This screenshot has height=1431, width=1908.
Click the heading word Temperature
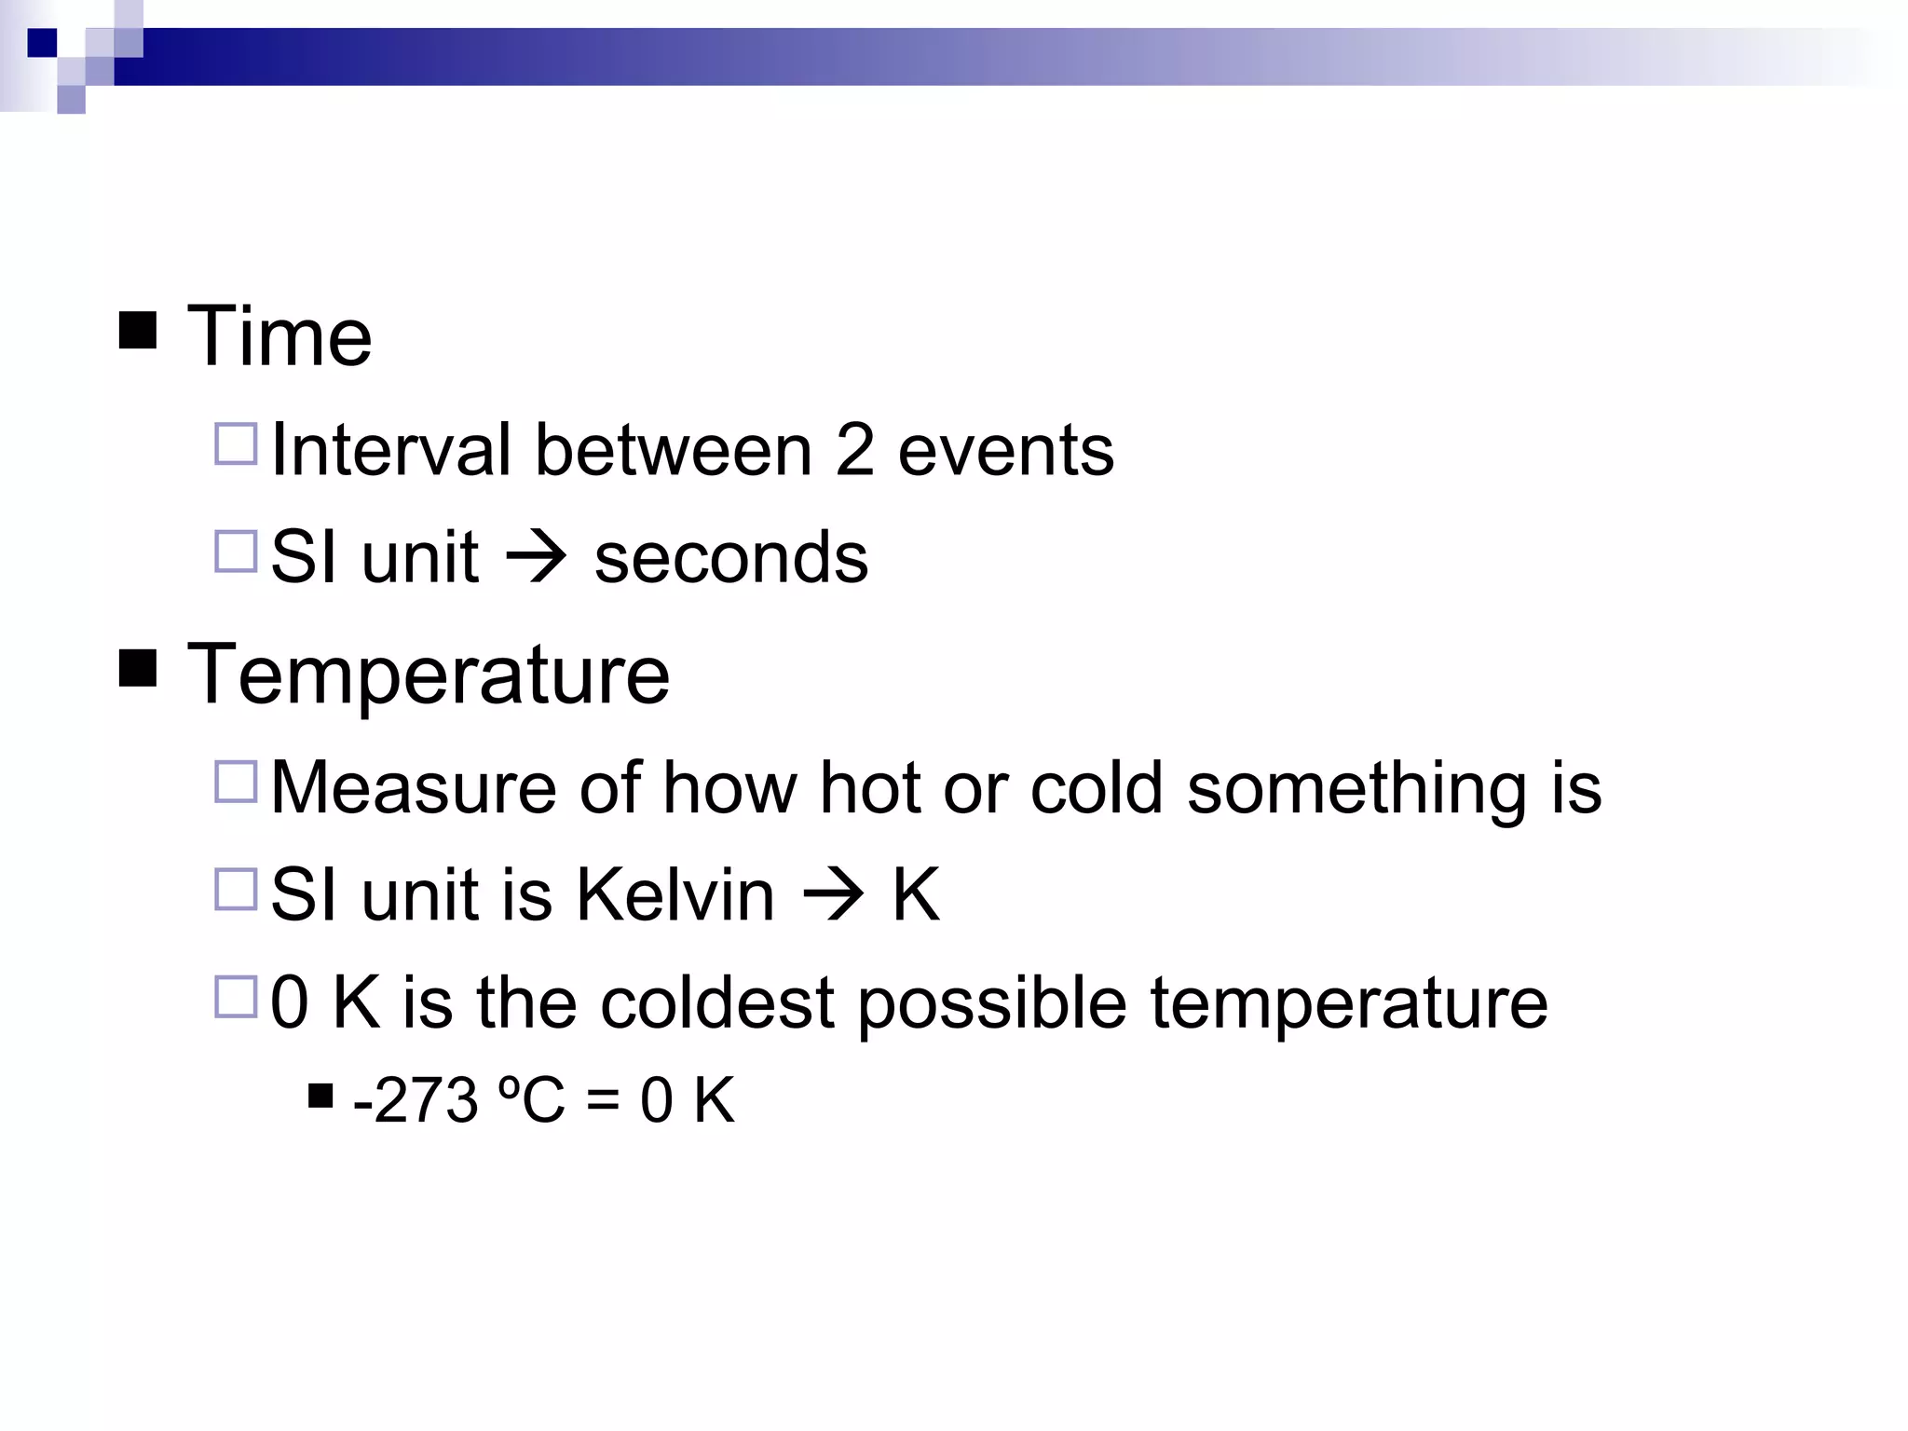(429, 675)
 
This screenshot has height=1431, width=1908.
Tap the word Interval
(391, 450)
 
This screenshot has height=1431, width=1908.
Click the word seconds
(731, 558)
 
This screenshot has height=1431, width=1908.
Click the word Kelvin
(675, 895)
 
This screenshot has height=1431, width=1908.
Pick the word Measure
(414, 788)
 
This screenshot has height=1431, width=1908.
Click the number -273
(416, 1100)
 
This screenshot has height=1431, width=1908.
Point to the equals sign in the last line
(603, 1102)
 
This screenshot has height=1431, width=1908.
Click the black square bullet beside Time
(138, 331)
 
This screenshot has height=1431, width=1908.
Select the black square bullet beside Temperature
(138, 669)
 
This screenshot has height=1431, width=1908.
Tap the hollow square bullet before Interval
(236, 444)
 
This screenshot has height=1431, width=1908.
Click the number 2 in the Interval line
(854, 450)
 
